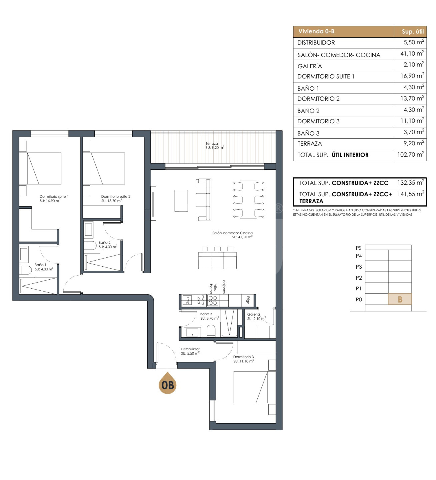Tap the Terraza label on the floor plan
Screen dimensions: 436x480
[x=212, y=144]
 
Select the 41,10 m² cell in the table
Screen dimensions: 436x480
[x=412, y=53]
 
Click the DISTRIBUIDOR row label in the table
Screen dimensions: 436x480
[x=316, y=43]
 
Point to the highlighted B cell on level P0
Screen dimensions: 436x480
[x=400, y=299]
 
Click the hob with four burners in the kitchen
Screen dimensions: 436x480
[x=213, y=301]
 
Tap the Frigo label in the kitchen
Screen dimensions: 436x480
[x=248, y=300]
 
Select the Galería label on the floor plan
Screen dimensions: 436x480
[x=253, y=314]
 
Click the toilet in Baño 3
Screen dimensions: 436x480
[x=211, y=331]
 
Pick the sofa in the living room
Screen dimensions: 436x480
[x=203, y=200]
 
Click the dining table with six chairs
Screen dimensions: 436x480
[x=248, y=200]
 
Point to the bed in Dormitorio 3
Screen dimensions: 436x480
[x=254, y=387]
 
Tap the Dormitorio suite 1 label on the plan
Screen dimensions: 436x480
[x=54, y=196]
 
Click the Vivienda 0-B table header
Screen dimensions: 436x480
[x=316, y=31]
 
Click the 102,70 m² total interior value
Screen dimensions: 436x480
[x=411, y=155]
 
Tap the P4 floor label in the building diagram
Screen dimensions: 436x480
[x=359, y=256]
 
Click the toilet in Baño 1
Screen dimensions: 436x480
[x=25, y=270]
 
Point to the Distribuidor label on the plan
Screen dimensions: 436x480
[x=190, y=349]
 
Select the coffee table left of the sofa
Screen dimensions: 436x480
[x=181, y=201]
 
